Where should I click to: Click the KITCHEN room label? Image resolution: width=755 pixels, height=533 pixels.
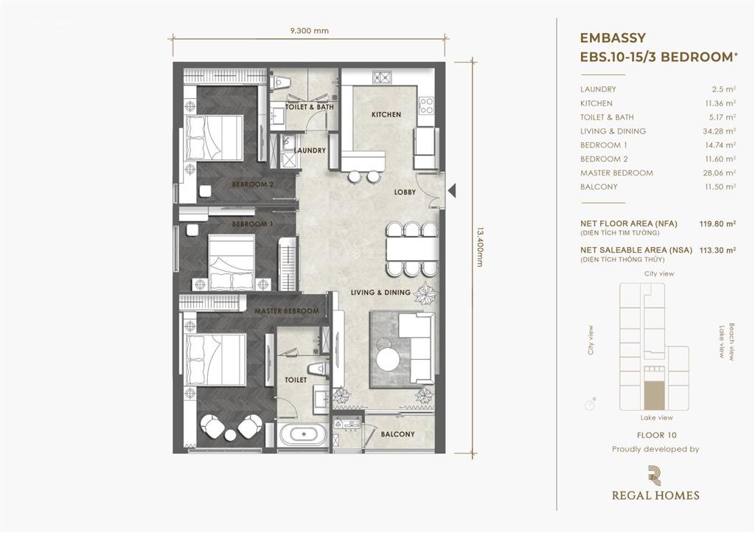click(386, 114)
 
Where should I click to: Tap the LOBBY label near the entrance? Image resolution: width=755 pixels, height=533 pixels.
click(405, 192)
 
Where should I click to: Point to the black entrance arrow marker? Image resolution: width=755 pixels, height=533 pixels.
click(452, 191)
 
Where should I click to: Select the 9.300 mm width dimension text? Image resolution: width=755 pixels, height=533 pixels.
click(310, 30)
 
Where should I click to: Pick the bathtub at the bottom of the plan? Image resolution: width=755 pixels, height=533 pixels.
click(303, 434)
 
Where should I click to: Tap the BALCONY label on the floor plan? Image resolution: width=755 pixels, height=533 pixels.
click(397, 434)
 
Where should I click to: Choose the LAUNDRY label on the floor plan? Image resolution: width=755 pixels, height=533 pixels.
click(310, 150)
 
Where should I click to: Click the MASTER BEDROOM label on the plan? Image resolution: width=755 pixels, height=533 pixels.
click(287, 311)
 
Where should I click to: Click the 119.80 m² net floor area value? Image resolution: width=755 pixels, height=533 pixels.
click(717, 223)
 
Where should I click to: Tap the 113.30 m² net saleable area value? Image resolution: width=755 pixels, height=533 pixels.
click(717, 250)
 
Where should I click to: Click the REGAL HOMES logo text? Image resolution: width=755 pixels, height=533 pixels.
click(655, 495)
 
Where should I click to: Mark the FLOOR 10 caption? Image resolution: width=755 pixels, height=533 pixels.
click(657, 435)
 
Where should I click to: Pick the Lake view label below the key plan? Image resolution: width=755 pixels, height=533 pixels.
click(657, 418)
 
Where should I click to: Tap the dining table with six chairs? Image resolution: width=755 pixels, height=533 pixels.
click(411, 249)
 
